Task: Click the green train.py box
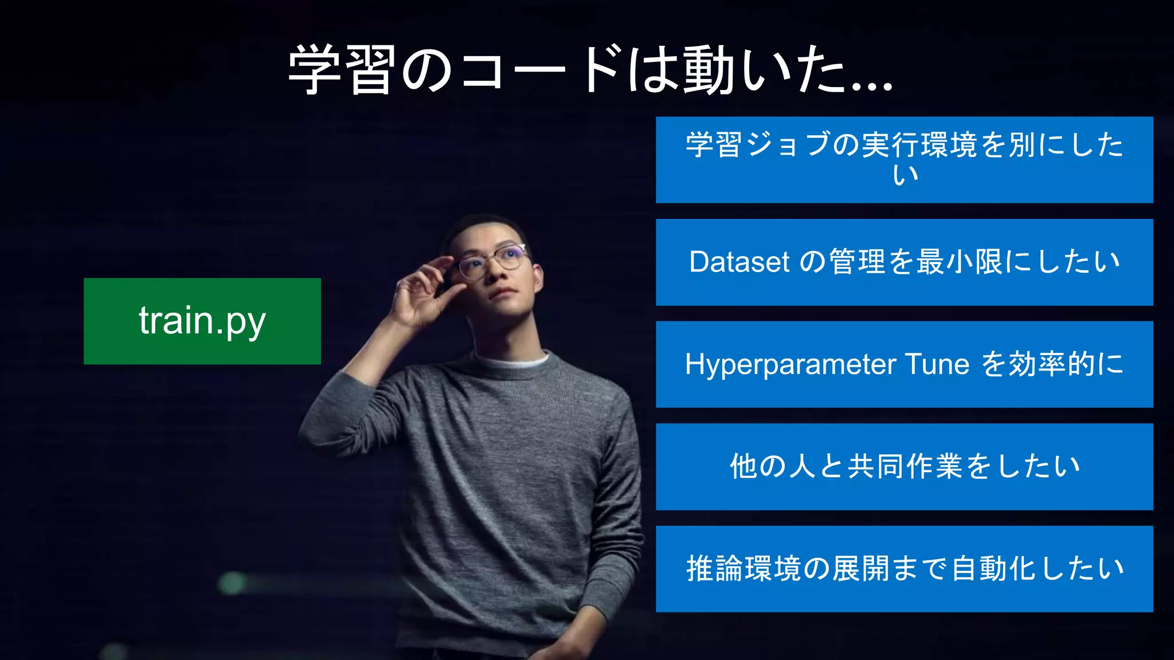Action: (202, 321)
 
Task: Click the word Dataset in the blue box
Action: (739, 262)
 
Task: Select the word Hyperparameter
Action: (791, 365)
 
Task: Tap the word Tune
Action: (937, 364)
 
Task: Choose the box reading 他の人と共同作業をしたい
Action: (904, 466)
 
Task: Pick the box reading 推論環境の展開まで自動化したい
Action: (904, 568)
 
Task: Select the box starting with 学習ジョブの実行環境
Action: (904, 159)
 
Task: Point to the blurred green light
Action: (232, 583)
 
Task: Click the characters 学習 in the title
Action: (342, 70)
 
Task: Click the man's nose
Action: (494, 275)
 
